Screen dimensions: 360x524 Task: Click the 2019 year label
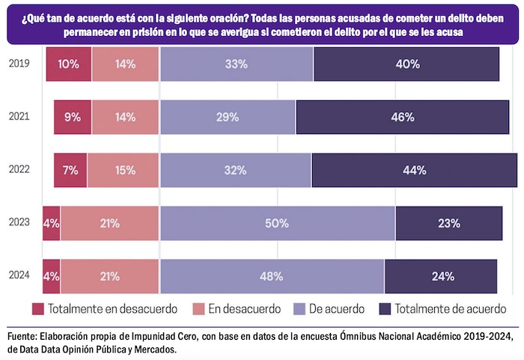(x=19, y=64)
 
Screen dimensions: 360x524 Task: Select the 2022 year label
(x=19, y=169)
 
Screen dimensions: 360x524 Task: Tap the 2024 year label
(x=19, y=275)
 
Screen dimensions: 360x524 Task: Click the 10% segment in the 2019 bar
(x=68, y=64)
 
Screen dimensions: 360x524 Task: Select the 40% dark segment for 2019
(x=406, y=64)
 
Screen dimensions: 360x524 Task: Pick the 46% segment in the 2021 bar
(x=402, y=117)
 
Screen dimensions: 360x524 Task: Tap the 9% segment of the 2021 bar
(x=73, y=117)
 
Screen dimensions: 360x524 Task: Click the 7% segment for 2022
(x=70, y=170)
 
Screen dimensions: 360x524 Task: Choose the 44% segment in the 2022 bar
(x=414, y=170)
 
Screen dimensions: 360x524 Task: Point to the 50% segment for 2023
(x=277, y=223)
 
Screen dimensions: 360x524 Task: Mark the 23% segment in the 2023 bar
(x=449, y=223)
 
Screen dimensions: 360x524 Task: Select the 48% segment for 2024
(x=272, y=276)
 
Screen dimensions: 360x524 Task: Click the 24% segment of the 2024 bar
(x=441, y=276)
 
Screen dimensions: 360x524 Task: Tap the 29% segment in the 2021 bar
(x=228, y=117)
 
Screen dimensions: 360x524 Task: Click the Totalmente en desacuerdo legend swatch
(x=39, y=308)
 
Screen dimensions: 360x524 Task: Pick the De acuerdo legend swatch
(x=296, y=308)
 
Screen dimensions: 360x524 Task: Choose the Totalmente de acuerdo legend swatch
(x=386, y=308)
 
